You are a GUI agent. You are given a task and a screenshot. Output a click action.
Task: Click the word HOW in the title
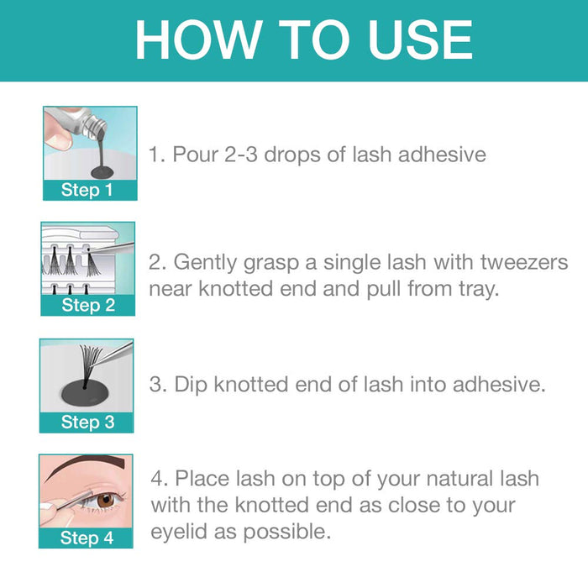tap(186, 39)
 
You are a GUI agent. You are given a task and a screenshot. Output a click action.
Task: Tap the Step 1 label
tap(87, 190)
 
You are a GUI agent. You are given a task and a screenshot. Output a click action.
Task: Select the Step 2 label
tap(87, 306)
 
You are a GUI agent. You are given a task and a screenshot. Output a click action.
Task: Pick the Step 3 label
tap(87, 423)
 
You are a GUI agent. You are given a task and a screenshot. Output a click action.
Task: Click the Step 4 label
tap(87, 538)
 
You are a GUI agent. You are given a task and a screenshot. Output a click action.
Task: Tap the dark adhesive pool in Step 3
tap(87, 394)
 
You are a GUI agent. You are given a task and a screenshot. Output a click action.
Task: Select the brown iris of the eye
tap(108, 501)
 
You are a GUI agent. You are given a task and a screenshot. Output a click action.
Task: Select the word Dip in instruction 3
tap(192, 385)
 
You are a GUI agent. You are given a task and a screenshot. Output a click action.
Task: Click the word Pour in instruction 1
tap(194, 155)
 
